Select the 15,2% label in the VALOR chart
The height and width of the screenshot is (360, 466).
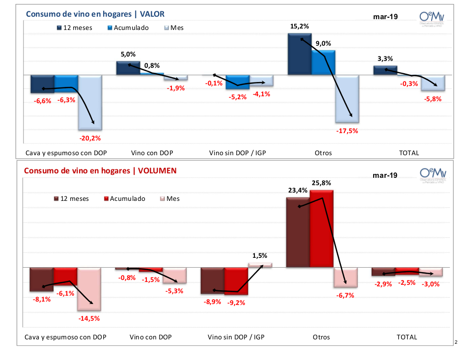(x=300, y=27)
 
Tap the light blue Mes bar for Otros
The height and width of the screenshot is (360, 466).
(x=347, y=98)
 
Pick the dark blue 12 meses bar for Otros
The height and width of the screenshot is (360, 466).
(x=300, y=55)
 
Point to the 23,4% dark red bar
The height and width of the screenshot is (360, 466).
(x=298, y=232)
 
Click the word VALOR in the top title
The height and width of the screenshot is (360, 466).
(x=152, y=14)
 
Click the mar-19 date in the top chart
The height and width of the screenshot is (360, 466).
(x=385, y=17)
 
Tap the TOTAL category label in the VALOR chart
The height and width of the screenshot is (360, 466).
(x=409, y=153)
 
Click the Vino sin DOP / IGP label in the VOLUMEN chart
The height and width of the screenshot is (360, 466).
(x=238, y=337)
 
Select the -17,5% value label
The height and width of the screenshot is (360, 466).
(x=347, y=131)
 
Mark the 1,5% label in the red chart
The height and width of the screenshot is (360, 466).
(x=260, y=256)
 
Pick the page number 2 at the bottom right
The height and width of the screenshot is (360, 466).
(x=456, y=342)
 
